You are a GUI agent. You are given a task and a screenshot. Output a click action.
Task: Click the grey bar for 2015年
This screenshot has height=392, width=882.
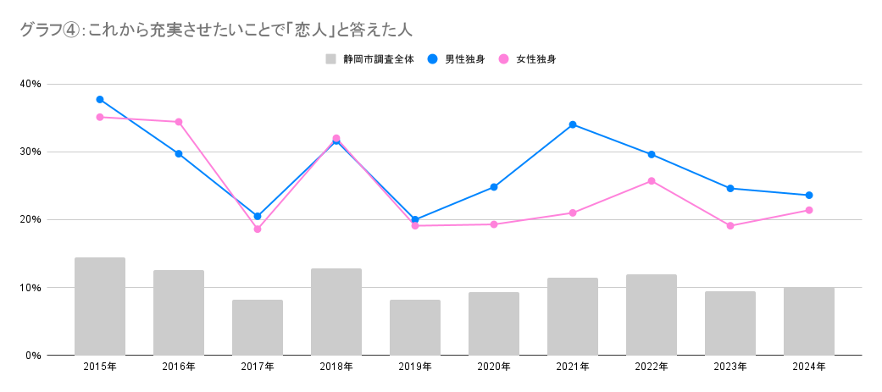click(100, 306)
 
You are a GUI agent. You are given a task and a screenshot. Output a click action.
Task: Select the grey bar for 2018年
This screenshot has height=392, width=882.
click(336, 312)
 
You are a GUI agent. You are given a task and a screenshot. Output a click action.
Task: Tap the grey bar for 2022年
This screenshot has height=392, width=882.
click(652, 315)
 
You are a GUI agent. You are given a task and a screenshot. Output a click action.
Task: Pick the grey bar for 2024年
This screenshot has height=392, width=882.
click(809, 321)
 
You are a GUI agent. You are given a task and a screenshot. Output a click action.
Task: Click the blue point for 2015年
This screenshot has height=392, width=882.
click(100, 99)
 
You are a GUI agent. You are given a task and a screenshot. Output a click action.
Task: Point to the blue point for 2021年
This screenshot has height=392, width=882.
click(573, 124)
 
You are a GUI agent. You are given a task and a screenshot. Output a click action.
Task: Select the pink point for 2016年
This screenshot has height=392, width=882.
click(179, 122)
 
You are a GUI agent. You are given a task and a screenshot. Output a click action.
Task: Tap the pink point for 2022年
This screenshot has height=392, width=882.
click(652, 181)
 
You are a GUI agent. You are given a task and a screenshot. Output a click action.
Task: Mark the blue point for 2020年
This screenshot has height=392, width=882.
click(494, 187)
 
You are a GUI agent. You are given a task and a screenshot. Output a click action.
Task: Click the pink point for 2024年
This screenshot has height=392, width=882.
click(809, 210)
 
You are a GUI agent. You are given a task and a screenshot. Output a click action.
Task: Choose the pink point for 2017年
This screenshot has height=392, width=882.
click(258, 229)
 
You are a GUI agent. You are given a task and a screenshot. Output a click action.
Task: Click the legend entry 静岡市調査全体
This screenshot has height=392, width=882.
click(371, 59)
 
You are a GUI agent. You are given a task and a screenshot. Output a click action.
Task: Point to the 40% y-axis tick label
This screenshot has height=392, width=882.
click(31, 84)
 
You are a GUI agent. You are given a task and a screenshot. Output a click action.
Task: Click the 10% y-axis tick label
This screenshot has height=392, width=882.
click(31, 288)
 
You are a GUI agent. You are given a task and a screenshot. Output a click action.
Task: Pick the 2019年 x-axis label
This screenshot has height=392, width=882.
click(415, 367)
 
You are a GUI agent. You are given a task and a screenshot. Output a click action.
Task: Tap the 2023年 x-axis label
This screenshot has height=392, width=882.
click(730, 367)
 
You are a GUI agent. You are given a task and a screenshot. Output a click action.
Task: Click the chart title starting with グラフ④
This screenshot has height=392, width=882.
click(215, 30)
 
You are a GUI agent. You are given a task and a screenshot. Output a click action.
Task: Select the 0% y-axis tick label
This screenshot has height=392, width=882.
click(34, 356)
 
